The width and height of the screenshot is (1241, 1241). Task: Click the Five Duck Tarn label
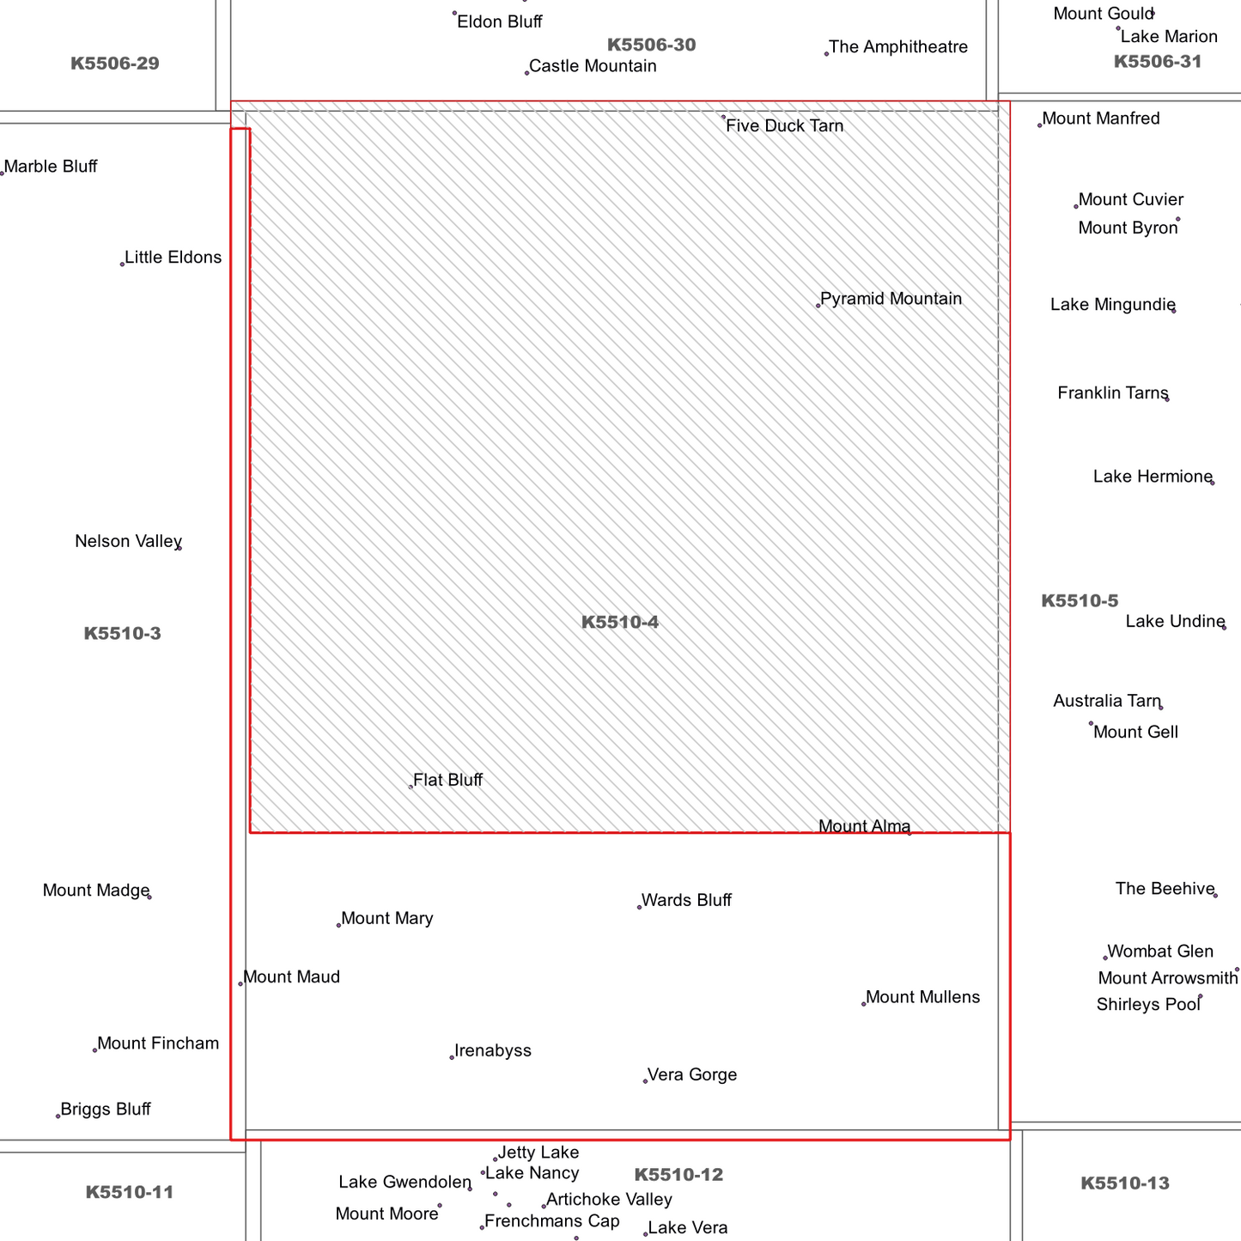(x=784, y=125)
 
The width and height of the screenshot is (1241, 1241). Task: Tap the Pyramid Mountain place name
(x=891, y=299)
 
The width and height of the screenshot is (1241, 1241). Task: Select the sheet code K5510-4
(x=619, y=622)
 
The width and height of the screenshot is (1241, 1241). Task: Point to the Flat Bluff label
(x=447, y=780)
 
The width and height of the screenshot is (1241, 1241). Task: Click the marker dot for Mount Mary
(x=338, y=926)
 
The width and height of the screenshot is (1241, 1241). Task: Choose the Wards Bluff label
(x=686, y=900)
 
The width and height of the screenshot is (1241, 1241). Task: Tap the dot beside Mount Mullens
(x=864, y=1004)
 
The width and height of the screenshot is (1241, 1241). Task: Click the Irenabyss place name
(x=493, y=1050)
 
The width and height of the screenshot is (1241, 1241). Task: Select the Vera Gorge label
(x=691, y=1074)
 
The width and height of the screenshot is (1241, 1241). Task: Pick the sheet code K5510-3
(x=122, y=634)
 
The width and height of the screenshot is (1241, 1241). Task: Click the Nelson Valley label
(x=128, y=541)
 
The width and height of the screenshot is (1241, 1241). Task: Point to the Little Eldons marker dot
(x=122, y=264)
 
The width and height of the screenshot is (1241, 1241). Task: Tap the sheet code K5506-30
(x=651, y=45)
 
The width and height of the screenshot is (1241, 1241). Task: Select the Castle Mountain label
(x=593, y=65)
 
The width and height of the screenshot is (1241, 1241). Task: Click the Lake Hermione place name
(x=1153, y=477)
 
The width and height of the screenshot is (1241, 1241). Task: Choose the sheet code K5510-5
(x=1080, y=601)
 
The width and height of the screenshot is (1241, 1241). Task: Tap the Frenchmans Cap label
(x=551, y=1221)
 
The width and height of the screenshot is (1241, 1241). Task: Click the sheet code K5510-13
(x=1124, y=1183)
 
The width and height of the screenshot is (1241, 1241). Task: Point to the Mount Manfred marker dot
(x=1039, y=125)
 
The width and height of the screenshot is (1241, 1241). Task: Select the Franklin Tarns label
(x=1113, y=392)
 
